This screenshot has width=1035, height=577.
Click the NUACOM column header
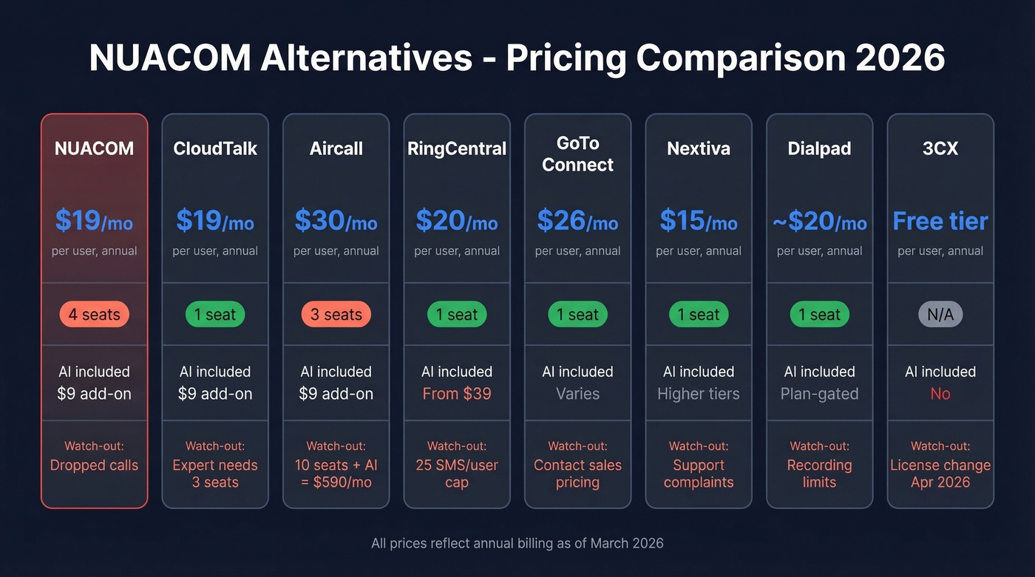94,148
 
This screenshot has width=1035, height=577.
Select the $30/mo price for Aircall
336,220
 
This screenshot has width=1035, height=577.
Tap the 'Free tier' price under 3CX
940,220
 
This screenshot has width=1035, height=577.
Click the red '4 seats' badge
94,315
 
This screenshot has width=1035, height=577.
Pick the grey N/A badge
940,315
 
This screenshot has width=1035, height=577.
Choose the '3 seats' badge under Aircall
336,315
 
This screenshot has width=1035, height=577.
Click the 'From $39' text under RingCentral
457,394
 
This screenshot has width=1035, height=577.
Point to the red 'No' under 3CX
940,394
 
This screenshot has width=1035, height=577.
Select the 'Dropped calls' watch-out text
94,465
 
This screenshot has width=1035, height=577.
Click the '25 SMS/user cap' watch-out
457,474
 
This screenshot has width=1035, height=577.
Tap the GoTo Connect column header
577,154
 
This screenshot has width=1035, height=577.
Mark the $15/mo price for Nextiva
699,220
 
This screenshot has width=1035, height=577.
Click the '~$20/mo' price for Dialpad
819,220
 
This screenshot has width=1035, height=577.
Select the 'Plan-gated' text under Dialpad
819,394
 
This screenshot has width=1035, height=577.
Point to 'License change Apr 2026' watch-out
940,474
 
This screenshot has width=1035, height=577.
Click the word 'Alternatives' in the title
366,58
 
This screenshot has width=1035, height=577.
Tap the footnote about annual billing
517,543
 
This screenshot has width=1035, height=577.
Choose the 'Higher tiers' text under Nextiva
699,394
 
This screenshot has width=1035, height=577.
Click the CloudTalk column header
215,148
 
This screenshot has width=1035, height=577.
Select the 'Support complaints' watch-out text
699,474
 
